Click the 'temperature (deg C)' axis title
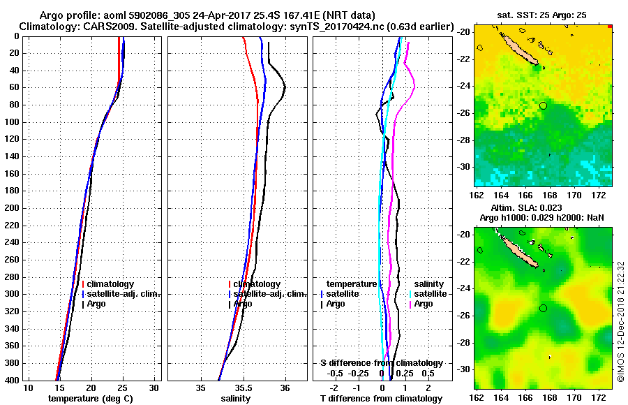click(x=90, y=399)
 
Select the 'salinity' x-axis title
click(x=234, y=399)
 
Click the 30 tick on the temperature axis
click(x=154, y=388)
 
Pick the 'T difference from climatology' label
click(x=380, y=399)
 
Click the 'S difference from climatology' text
click(x=381, y=363)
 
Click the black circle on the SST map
click(x=543, y=105)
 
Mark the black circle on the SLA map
click(x=543, y=308)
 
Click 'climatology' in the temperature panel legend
click(x=110, y=284)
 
